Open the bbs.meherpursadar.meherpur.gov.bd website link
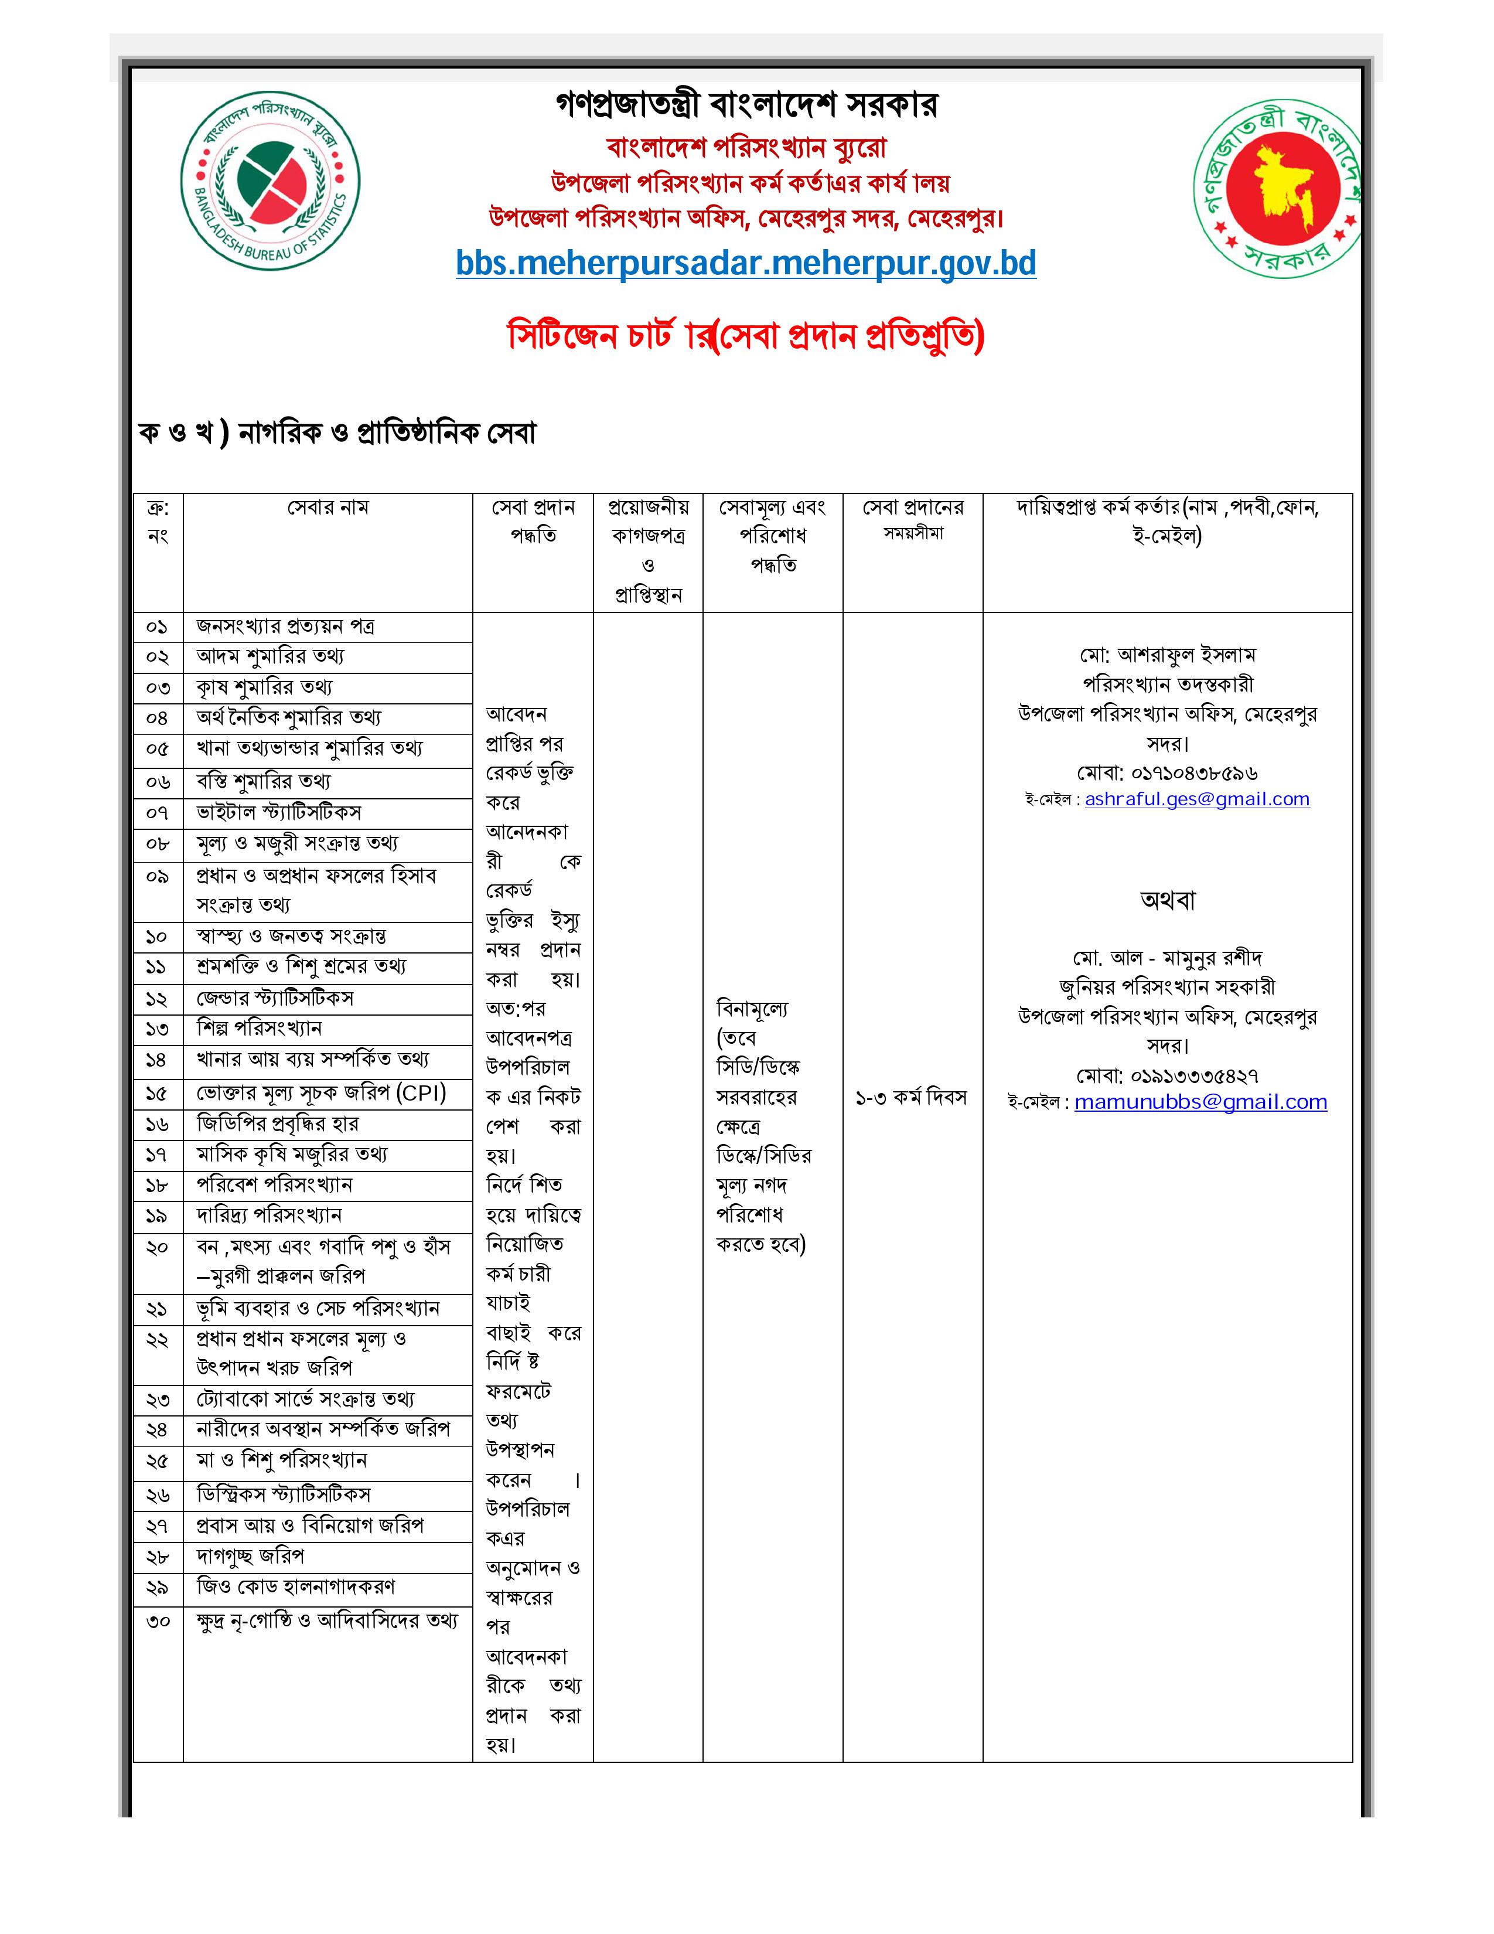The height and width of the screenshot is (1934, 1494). pyautogui.click(x=746, y=264)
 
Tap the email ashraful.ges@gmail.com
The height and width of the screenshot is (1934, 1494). pyautogui.click(x=1196, y=799)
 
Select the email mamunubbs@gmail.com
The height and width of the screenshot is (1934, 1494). pyautogui.click(x=1200, y=1102)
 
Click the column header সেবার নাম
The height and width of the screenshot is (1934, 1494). pyautogui.click(x=328, y=508)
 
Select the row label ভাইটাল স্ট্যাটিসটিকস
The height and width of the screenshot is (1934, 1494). pyautogui.click(x=279, y=813)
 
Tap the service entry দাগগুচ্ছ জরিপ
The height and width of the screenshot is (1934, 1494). pyautogui.click(x=251, y=1556)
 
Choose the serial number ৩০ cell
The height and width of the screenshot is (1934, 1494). pyautogui.click(x=158, y=1622)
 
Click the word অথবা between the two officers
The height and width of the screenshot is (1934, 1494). pyautogui.click(x=1168, y=901)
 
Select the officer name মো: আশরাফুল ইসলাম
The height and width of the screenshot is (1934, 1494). pyautogui.click(x=1168, y=655)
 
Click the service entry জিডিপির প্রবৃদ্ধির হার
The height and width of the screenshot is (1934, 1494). pyautogui.click(x=277, y=1123)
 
